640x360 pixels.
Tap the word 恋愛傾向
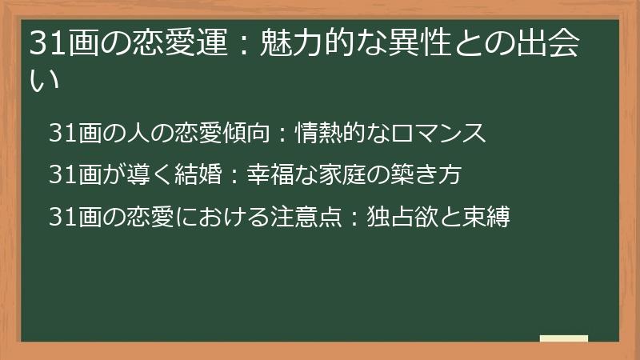[223, 133]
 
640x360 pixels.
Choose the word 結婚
[183, 174]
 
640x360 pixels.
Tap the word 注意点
[307, 216]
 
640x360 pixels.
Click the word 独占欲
[398, 216]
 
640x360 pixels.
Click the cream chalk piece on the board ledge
[564, 338]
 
